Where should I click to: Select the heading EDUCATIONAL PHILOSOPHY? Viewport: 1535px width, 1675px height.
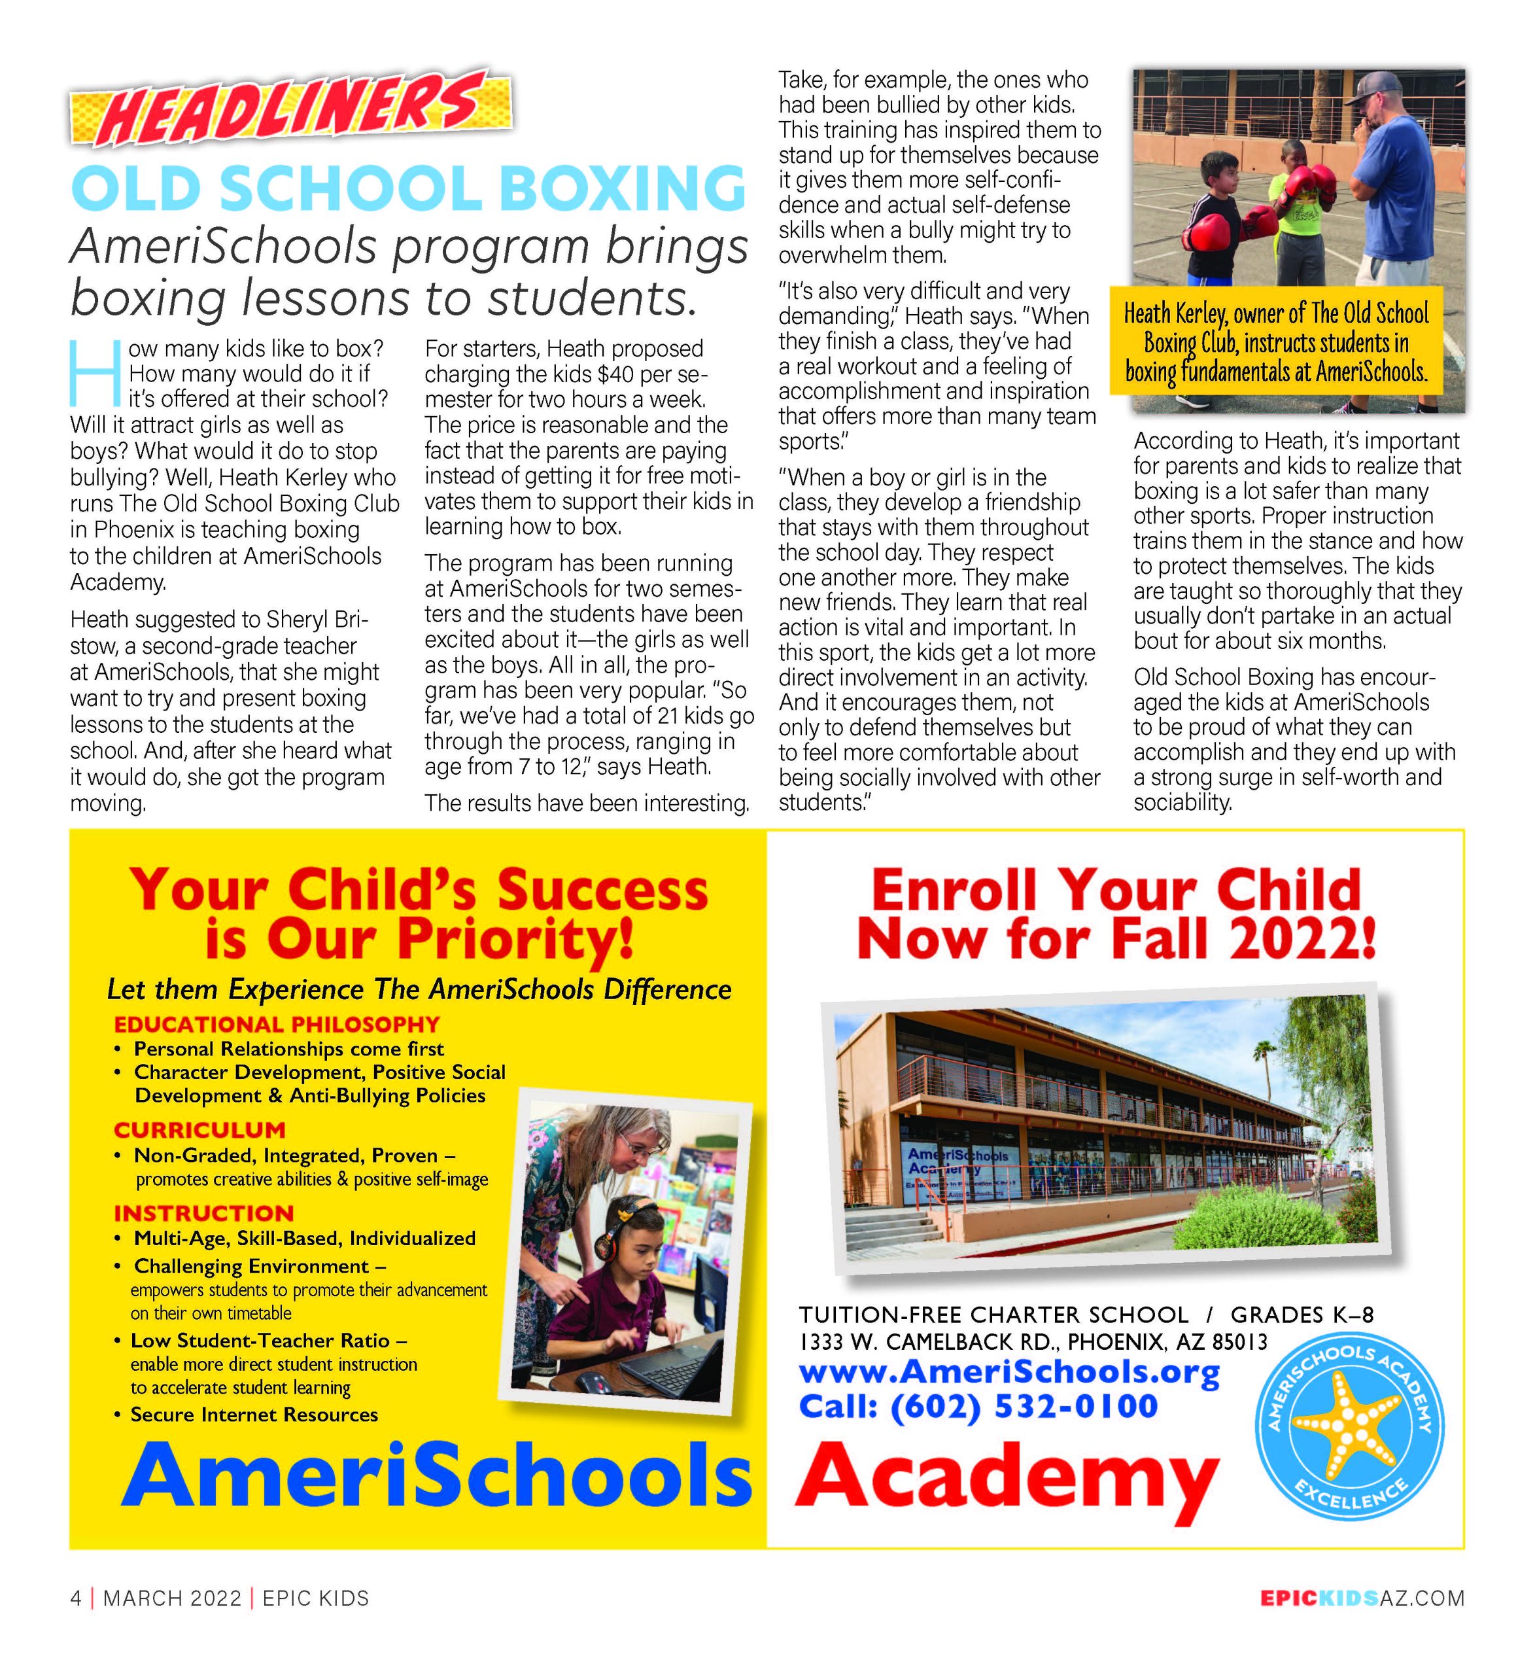pos(277,1025)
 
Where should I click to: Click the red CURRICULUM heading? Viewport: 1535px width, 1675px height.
pos(199,1130)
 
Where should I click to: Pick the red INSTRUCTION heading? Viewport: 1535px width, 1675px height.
pos(203,1213)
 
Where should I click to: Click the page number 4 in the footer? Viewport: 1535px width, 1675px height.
pos(76,1598)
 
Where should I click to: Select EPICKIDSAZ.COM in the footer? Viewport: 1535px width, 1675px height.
pos(1362,1598)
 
